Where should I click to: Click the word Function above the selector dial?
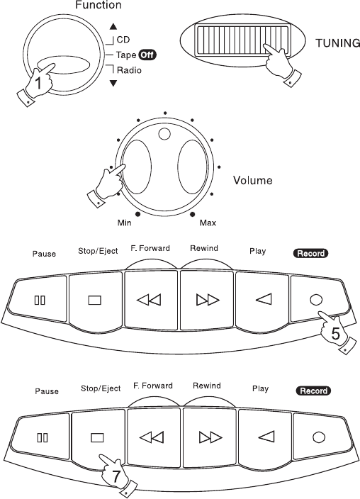(x=99, y=5)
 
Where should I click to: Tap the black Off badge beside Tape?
(x=147, y=55)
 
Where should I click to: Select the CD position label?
(x=123, y=40)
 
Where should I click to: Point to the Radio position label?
(x=129, y=69)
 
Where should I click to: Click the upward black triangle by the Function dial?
(x=113, y=27)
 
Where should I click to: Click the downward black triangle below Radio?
(x=113, y=84)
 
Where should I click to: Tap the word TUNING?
(x=338, y=43)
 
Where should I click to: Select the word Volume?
(x=253, y=180)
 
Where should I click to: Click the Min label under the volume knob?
(x=125, y=223)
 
